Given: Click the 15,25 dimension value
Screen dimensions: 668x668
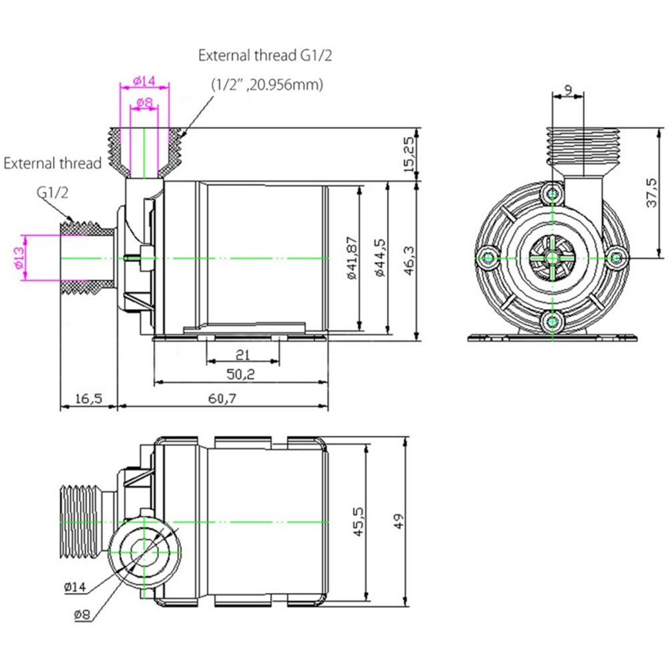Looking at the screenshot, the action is (x=408, y=154).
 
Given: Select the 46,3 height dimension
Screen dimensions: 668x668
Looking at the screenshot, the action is (x=409, y=261).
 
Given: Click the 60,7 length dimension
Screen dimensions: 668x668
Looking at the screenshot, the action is (x=222, y=398).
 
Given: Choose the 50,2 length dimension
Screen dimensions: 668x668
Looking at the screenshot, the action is (x=240, y=374).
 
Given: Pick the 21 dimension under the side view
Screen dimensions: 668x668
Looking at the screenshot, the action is (x=243, y=355).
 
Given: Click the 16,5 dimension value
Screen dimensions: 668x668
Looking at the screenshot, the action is (x=89, y=399).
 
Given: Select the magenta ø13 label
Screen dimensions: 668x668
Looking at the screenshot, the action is (x=19, y=258).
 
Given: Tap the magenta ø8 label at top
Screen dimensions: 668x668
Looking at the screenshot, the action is (x=144, y=102).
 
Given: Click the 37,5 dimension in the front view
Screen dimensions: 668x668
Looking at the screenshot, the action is (x=651, y=192).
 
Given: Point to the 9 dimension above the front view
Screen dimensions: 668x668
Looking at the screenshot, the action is (x=568, y=90).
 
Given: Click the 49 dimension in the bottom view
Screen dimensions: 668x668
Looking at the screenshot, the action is (x=399, y=521).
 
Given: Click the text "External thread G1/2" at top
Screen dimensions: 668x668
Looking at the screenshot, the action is (x=265, y=55).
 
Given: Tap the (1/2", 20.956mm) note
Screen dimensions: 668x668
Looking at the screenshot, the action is (x=268, y=85).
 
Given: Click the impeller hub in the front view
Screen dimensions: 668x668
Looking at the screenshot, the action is (x=552, y=258).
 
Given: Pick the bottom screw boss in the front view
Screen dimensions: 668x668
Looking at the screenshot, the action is (x=552, y=322).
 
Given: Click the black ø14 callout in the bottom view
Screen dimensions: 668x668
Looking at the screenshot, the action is (x=75, y=587).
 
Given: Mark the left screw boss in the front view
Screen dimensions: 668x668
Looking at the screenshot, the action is (x=488, y=257).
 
